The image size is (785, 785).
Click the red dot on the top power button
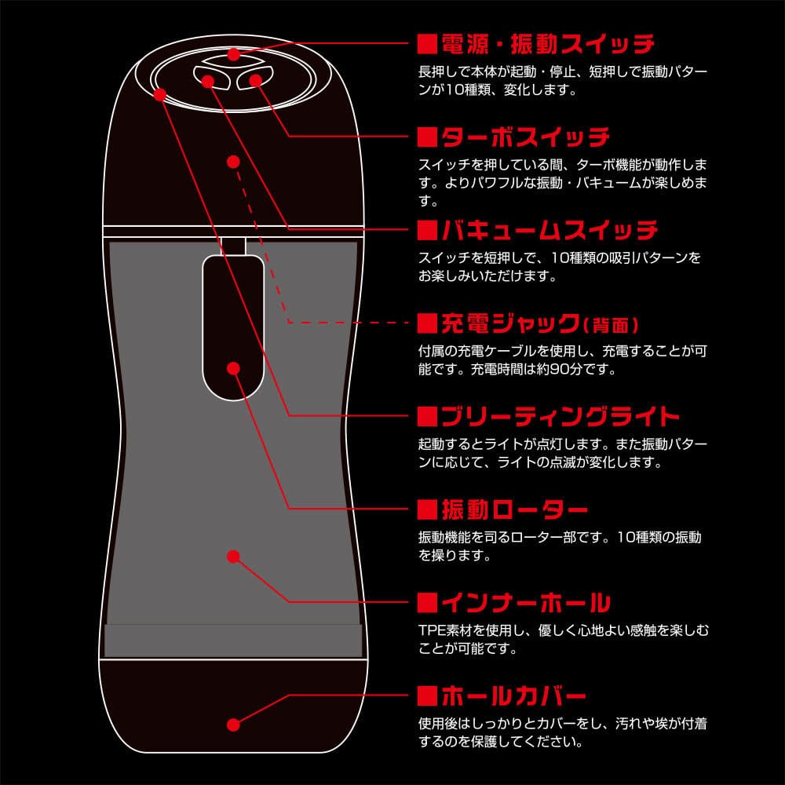(233, 54)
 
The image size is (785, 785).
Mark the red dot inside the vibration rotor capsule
(233, 367)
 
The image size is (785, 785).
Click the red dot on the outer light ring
(159, 94)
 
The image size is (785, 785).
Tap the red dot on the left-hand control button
(207, 79)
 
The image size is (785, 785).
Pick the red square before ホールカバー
(426, 696)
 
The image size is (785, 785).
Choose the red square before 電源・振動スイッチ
(426, 42)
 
